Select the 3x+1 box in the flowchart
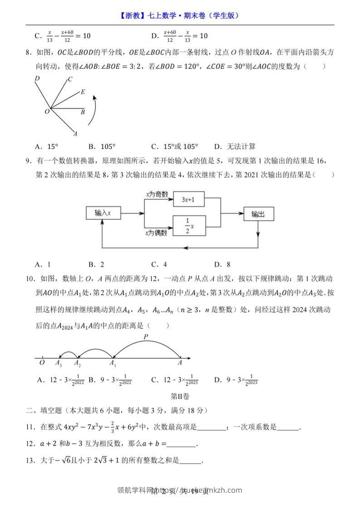(188, 199)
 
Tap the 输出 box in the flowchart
(258, 214)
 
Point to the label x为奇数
(157, 194)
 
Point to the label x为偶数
(157, 233)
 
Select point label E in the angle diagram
(83, 92)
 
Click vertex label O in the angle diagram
(47, 111)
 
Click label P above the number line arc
(146, 337)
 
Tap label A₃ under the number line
(58, 363)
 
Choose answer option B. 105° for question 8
(102, 146)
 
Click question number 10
(30, 278)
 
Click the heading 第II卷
(180, 396)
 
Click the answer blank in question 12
(182, 444)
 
